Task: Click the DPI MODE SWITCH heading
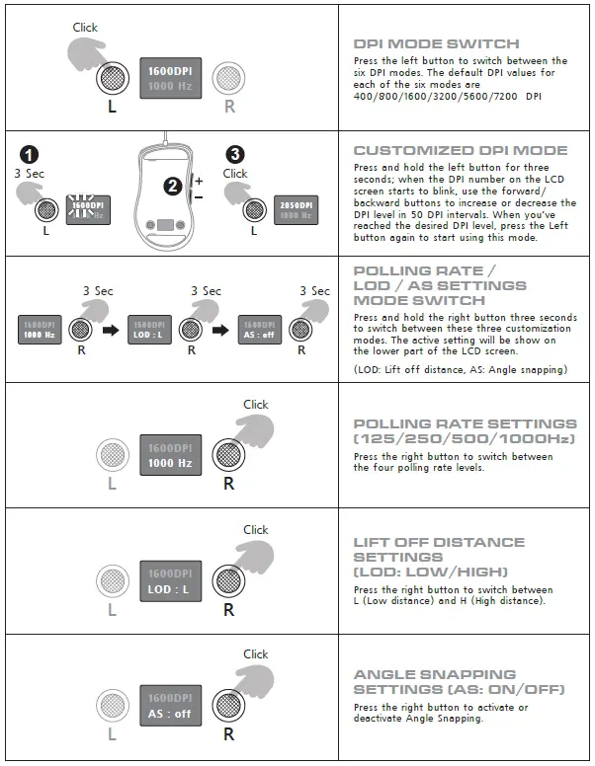(x=436, y=44)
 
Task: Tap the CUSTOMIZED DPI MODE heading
(x=461, y=151)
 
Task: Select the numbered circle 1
(x=31, y=155)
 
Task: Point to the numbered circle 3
(x=234, y=155)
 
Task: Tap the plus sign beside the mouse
(x=199, y=181)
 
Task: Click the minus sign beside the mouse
(x=199, y=198)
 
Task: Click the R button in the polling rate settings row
(x=228, y=454)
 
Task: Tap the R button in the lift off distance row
(x=228, y=580)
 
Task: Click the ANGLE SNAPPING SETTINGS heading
(x=436, y=681)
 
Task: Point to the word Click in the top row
(x=85, y=28)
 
